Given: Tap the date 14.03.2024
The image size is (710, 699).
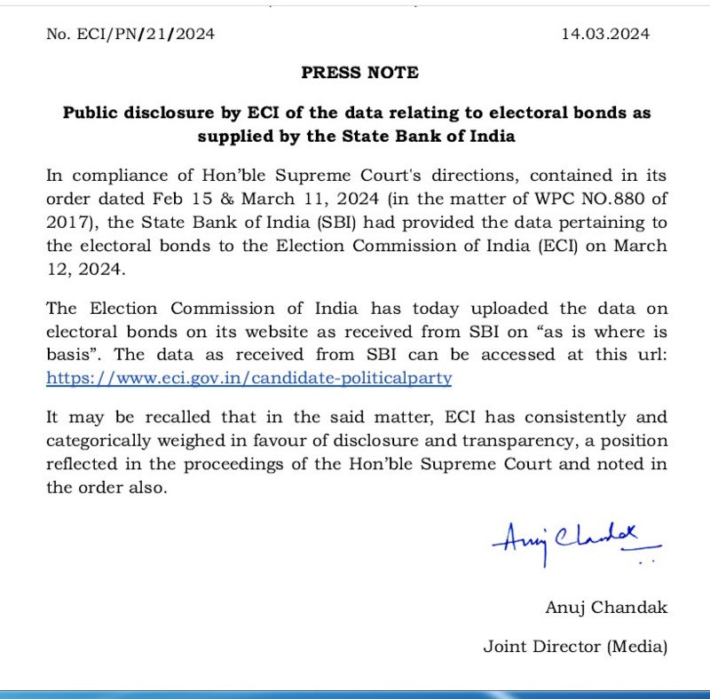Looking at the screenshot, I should [x=605, y=35].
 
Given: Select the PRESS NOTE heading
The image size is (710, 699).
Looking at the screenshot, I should [x=359, y=73].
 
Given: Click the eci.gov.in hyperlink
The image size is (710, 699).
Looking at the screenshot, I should [x=249, y=377].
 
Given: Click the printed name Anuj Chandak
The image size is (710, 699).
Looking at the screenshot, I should [x=606, y=608].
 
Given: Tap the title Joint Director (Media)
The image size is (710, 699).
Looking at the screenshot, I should [x=575, y=646].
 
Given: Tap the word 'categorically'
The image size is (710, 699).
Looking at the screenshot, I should [x=100, y=440].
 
